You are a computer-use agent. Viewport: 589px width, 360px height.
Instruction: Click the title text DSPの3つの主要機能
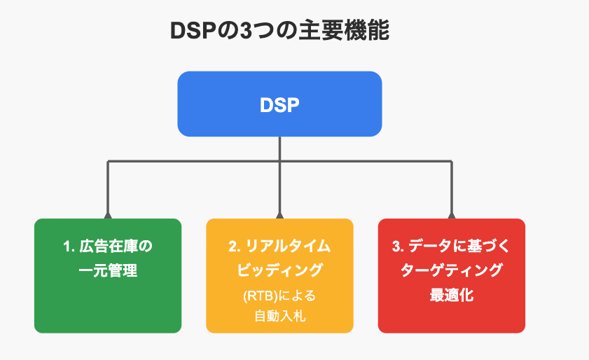[280, 31]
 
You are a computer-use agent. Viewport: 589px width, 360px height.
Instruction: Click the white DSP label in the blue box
[280, 105]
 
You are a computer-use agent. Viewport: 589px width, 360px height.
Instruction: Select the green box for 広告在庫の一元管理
[108, 276]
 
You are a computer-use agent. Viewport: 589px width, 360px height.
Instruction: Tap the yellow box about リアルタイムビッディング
[280, 276]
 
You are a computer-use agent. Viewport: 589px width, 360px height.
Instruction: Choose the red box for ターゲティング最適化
[452, 276]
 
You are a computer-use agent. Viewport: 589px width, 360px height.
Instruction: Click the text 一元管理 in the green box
[108, 270]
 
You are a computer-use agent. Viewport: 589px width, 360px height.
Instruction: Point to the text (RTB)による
[279, 296]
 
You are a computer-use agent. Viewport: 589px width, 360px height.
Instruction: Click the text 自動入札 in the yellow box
[280, 316]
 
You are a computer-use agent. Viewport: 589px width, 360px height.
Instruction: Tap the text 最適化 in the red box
[452, 295]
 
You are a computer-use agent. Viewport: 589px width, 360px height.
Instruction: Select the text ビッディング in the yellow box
[280, 270]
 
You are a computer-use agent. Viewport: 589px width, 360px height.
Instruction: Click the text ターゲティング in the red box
[452, 270]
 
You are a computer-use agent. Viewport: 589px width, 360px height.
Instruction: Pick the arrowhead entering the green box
[108, 216]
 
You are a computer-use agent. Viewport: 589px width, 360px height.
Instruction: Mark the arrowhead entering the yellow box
[280, 216]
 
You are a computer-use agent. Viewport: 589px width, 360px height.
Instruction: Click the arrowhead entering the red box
[452, 216]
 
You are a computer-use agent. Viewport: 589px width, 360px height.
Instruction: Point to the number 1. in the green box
[69, 247]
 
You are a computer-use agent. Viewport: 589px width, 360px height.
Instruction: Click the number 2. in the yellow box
[235, 247]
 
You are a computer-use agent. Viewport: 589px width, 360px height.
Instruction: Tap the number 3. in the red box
[399, 247]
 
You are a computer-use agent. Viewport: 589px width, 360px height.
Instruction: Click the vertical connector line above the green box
[108, 187]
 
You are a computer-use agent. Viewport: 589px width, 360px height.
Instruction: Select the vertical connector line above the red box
[452, 187]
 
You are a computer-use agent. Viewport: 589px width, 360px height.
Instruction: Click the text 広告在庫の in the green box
[116, 247]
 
